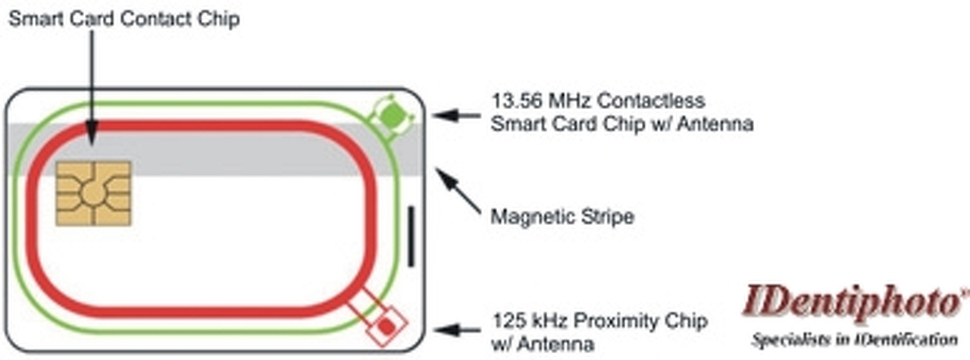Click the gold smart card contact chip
tap(93, 193)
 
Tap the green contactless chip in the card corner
tap(392, 115)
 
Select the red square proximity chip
tap(386, 326)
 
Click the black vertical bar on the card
tap(411, 236)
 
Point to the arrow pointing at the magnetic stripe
tap(459, 192)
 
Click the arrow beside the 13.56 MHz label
tap(458, 116)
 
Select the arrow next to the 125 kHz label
tap(458, 330)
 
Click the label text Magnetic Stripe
tap(562, 218)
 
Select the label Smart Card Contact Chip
tap(124, 19)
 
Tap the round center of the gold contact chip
tap(93, 193)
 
